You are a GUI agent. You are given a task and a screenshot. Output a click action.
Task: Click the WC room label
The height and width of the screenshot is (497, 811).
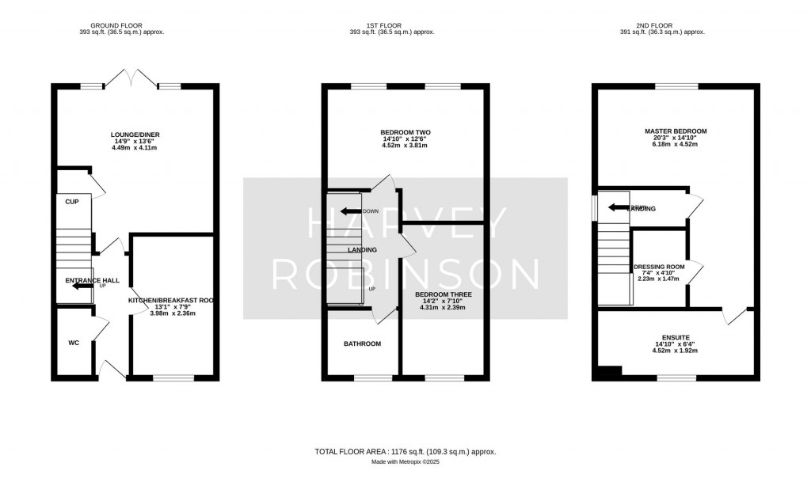click(73, 343)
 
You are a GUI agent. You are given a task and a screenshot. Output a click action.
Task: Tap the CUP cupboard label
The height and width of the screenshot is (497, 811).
click(71, 201)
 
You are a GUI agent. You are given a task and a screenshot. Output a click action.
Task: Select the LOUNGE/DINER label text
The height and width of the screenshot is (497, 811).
click(131, 135)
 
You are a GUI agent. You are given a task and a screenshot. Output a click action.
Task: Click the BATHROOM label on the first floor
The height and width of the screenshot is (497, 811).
click(362, 344)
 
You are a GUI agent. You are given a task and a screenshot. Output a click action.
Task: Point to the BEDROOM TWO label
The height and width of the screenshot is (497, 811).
click(405, 131)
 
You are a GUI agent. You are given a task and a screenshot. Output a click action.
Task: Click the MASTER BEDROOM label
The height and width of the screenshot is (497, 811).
click(676, 131)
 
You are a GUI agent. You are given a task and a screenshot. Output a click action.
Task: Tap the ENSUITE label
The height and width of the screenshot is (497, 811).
click(675, 336)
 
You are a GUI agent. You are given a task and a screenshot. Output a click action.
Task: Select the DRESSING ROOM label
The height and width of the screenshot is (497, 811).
click(657, 267)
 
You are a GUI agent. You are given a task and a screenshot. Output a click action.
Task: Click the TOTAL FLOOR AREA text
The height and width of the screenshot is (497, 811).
click(405, 451)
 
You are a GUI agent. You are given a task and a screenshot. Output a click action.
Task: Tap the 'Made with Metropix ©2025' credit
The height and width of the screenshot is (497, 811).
click(405, 461)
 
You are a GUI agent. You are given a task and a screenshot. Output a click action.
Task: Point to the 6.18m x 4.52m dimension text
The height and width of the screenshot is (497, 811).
click(676, 144)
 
